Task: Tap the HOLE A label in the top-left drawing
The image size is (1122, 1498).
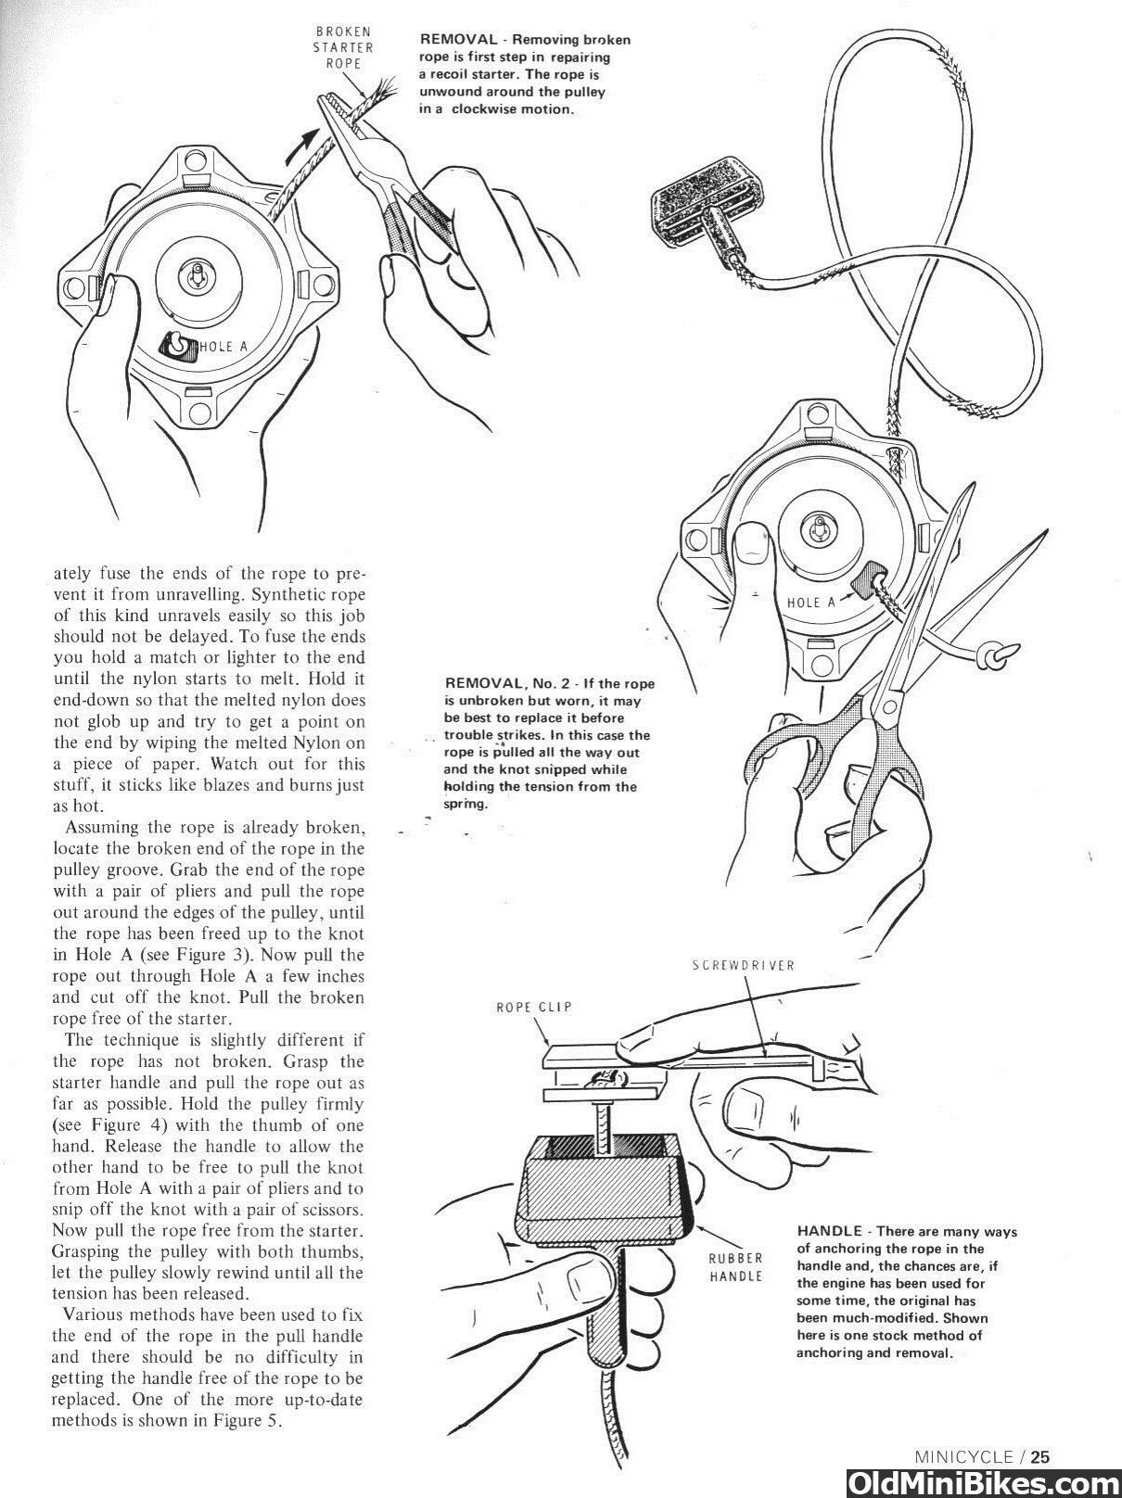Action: click(223, 347)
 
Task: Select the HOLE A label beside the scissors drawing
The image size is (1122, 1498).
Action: click(810, 603)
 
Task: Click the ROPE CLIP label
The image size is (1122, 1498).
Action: click(533, 1007)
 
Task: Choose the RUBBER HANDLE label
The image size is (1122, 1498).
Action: click(736, 1267)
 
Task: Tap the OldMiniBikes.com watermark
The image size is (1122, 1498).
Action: click(982, 1480)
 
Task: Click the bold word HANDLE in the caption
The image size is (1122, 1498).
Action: click(829, 1232)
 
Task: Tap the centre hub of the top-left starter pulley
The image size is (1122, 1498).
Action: click(198, 276)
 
